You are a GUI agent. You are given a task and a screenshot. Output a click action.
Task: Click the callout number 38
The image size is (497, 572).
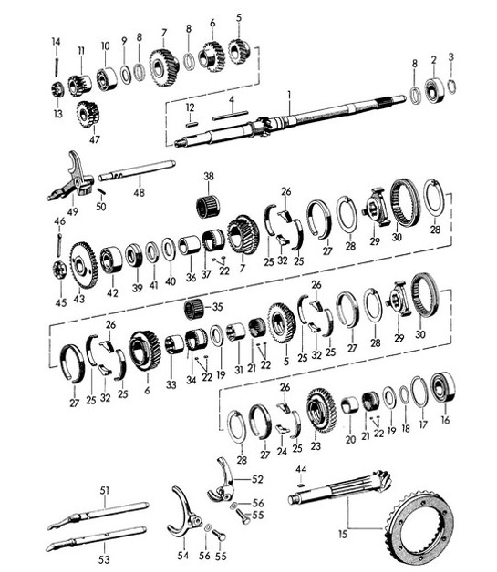pyautogui.click(x=209, y=177)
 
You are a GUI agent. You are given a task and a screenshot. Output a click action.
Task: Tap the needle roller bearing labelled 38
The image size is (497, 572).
pyautogui.click(x=210, y=205)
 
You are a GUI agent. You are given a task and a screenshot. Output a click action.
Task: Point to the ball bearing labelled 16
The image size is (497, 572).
pyautogui.click(x=444, y=388)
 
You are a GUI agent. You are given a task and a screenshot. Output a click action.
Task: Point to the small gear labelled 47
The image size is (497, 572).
pyautogui.click(x=88, y=114)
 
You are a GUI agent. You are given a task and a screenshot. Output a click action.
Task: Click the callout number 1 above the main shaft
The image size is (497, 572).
pyautogui.click(x=288, y=95)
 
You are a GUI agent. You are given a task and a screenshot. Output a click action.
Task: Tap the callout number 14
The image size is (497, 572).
pyautogui.click(x=55, y=41)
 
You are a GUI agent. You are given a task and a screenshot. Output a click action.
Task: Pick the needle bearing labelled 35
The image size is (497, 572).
pyautogui.click(x=192, y=310)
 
